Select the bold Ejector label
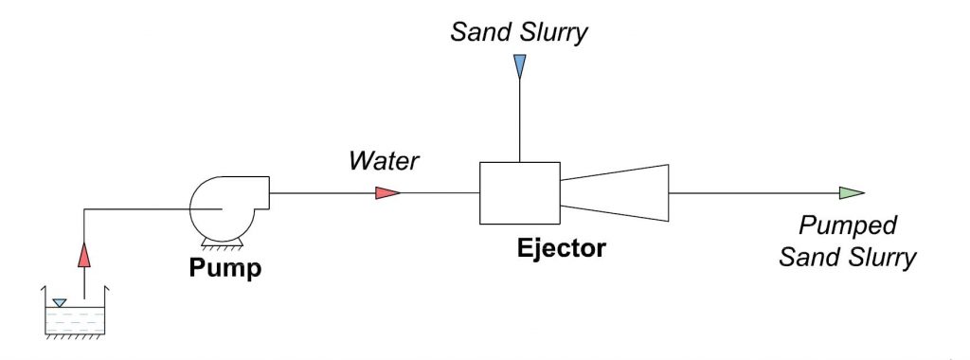[x=561, y=250]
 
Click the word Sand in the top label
[x=476, y=33]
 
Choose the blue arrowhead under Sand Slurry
[x=518, y=66]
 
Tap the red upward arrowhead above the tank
[x=83, y=254]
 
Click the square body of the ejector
[x=520, y=193]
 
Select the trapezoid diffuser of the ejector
[x=615, y=192]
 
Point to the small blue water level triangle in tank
[x=60, y=303]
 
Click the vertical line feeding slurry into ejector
[x=518, y=118]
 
